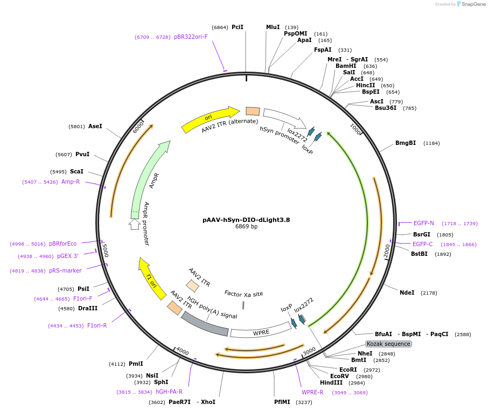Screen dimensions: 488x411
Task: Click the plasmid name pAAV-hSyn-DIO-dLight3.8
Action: [246, 220]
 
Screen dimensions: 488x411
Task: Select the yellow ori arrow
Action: [211, 119]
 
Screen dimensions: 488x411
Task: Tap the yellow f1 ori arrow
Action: [151, 279]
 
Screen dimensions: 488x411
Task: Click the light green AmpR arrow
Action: [147, 180]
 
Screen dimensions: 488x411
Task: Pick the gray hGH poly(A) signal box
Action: [205, 324]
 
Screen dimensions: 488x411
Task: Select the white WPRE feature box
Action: [261, 332]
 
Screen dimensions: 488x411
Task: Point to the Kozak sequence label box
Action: [388, 344]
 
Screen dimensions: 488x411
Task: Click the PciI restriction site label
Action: [238, 27]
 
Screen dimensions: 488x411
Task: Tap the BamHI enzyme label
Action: [346, 66]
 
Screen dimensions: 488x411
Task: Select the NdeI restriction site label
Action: [407, 292]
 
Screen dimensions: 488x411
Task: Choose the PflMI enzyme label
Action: [282, 402]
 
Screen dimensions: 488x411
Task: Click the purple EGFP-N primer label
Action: [423, 223]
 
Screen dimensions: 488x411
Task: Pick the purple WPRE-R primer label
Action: [312, 392]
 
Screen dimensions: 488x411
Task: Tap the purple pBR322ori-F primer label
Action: [191, 37]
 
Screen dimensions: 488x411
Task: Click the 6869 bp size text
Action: [246, 226]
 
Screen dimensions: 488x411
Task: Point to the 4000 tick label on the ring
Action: [183, 351]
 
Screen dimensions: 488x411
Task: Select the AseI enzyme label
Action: [95, 126]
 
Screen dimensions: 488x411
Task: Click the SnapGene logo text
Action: [473, 4]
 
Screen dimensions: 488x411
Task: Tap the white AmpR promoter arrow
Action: [135, 224]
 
